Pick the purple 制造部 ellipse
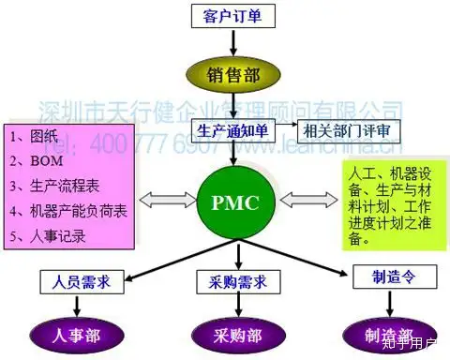tap(380, 333)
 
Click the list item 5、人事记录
tap(52, 236)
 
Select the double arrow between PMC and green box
tap(302, 200)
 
